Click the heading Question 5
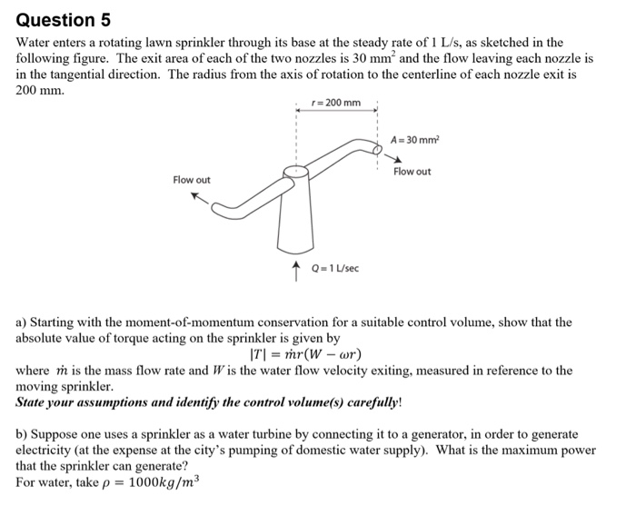pos(57,19)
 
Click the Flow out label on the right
pos(412,172)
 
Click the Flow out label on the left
pos(192,180)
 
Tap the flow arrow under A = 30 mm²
pos(393,158)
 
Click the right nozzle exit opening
pos(379,144)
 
